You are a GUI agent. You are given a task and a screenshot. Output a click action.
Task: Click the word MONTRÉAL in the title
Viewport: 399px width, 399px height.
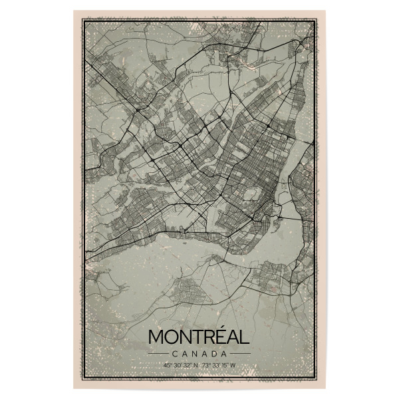pyautogui.click(x=199, y=336)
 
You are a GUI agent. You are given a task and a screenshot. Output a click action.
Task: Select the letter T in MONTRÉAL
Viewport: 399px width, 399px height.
pyautogui.click(x=194, y=336)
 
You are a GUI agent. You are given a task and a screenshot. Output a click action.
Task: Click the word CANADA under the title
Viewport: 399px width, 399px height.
pyautogui.click(x=199, y=353)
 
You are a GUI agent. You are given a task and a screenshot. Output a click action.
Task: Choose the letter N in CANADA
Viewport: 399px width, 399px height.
pyautogui.click(x=192, y=353)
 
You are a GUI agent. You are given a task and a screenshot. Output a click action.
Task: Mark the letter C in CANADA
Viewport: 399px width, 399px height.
pyautogui.click(x=174, y=353)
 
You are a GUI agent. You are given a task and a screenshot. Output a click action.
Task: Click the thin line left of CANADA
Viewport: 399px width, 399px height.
pyautogui.click(x=158, y=353)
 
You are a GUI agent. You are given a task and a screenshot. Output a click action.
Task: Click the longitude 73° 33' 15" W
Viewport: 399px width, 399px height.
pyautogui.click(x=219, y=365)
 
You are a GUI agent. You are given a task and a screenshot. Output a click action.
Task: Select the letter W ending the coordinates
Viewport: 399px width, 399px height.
pyautogui.click(x=233, y=365)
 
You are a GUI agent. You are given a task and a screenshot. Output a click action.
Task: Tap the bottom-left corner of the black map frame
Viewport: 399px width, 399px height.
pyautogui.click(x=83, y=378)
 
